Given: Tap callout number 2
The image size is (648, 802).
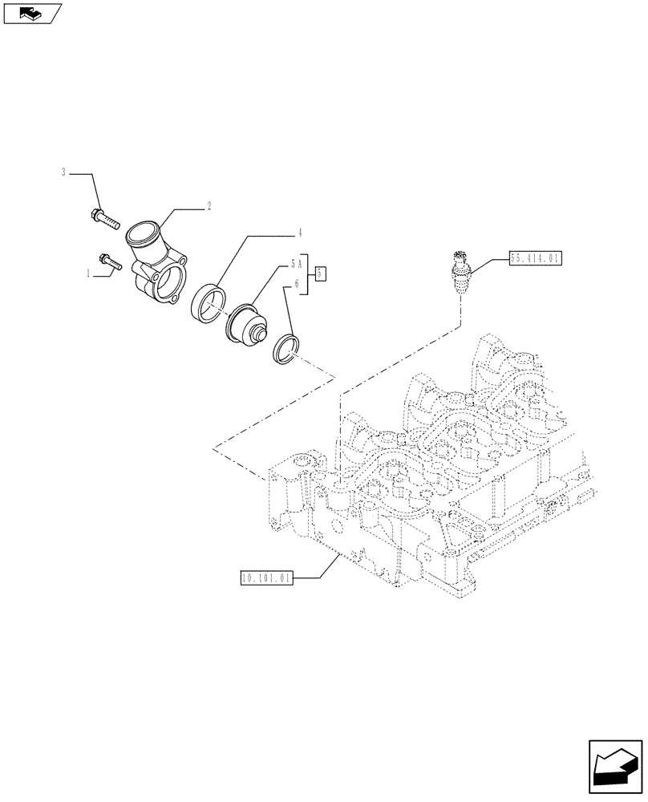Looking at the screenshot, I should click(x=209, y=206).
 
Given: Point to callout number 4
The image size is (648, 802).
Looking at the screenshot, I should click(x=299, y=234).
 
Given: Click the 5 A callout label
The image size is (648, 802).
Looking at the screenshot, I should click(x=295, y=261).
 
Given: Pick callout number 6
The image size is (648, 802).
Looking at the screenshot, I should click(x=297, y=284).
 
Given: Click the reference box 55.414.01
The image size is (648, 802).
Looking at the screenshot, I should click(x=536, y=259).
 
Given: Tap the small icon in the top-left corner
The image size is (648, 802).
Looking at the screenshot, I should click(x=33, y=13).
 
